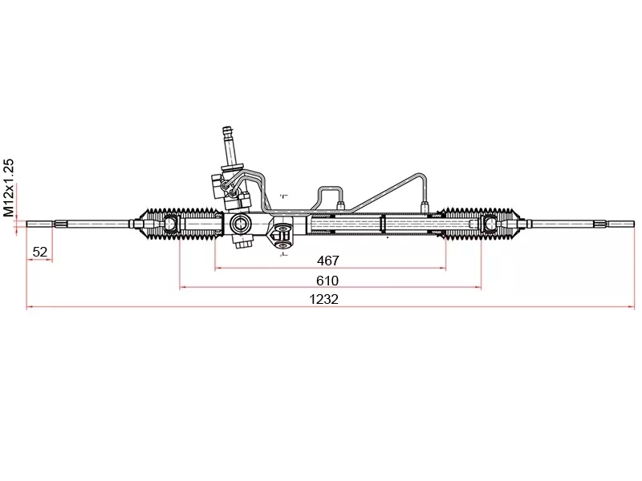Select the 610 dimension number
327,281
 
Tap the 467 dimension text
328,261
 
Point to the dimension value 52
39,252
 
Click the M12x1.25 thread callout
10,188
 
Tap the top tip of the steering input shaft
227,127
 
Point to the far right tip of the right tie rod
632,223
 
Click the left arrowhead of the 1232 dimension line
30,307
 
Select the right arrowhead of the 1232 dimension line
631,307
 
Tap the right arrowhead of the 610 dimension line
478,287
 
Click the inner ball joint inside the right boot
489,223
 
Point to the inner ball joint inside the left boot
171,223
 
